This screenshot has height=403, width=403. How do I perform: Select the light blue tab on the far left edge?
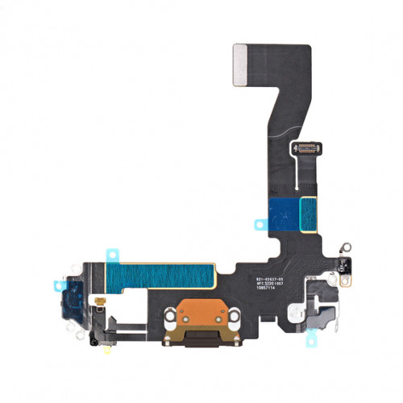pos(59,285)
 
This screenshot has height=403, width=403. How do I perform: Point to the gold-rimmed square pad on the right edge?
pos(345,280)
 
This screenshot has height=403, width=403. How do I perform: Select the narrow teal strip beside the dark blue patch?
pos(308,214)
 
